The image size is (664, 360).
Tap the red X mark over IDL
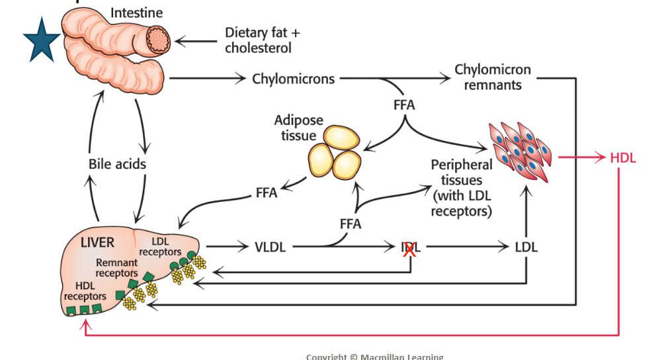tap(409, 249)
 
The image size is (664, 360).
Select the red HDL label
tap(623, 157)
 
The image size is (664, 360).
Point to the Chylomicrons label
tap(294, 79)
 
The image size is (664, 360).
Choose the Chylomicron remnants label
tap(492, 77)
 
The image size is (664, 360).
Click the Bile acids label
tap(117, 163)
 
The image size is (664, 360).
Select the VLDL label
tap(270, 247)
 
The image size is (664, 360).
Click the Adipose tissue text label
tap(299, 128)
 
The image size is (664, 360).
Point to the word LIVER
tap(97, 242)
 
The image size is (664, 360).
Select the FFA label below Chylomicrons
tap(404, 105)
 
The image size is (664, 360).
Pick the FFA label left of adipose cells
tap(266, 193)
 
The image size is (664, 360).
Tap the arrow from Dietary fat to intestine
tap(196, 42)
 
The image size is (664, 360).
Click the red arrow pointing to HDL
tap(582, 157)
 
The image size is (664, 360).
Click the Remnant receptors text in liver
tap(116, 268)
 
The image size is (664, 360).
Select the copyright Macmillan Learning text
tap(374, 356)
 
